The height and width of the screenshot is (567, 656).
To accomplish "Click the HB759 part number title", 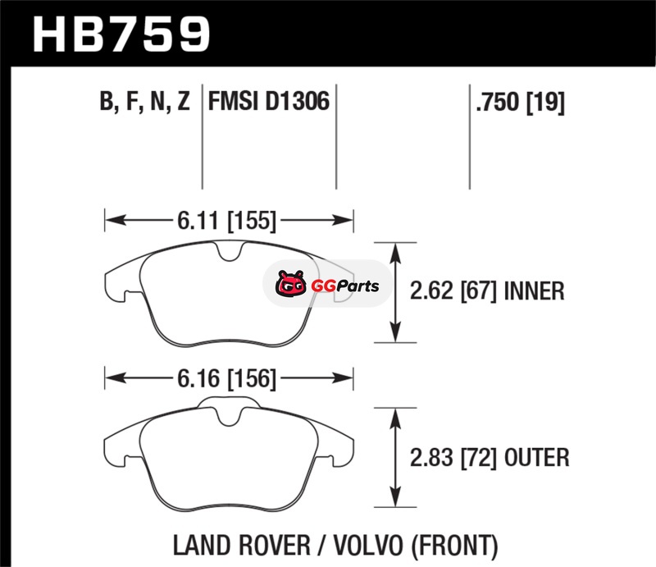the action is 121,34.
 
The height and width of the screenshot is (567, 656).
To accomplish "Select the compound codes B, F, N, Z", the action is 145,102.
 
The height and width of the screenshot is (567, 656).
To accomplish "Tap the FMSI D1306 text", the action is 269,102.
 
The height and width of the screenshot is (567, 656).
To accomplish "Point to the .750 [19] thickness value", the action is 520,103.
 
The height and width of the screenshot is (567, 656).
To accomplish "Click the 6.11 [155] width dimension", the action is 227,220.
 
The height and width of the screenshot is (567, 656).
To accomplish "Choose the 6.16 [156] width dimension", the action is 227,378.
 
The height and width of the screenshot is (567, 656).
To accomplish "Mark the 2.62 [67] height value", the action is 453,291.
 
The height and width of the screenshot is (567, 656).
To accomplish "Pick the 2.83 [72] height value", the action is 453,457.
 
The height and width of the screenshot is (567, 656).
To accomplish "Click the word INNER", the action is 535,291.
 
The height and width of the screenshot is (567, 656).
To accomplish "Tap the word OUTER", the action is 537,457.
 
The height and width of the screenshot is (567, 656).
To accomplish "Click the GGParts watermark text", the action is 345,286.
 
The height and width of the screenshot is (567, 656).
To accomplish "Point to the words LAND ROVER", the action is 242,545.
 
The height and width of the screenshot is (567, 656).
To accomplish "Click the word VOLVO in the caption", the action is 369,545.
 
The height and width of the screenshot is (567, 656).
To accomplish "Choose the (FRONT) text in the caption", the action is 455,546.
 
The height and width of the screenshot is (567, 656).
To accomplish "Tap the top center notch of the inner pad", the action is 230,251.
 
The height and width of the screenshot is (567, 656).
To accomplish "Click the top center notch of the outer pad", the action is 230,417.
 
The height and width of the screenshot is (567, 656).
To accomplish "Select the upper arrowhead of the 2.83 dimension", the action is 395,418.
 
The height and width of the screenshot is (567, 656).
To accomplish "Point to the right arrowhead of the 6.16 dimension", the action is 342,378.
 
